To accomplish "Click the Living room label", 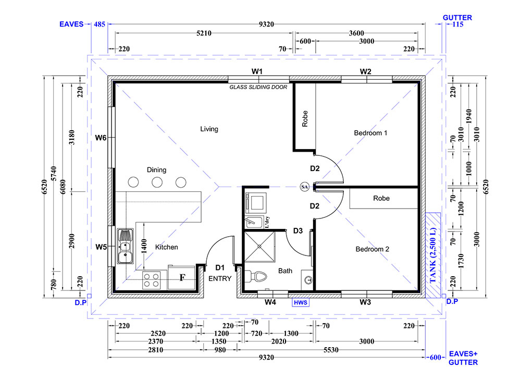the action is (209, 129).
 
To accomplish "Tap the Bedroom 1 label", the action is (370, 133).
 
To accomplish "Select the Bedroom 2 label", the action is (372, 249).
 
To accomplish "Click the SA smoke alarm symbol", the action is (304, 187).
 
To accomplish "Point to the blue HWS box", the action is (301, 302).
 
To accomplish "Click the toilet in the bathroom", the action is (256, 276).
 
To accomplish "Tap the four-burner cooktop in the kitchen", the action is (151, 280).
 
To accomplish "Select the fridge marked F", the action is (181, 277).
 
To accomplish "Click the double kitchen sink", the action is (126, 246).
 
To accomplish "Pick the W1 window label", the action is (257, 71).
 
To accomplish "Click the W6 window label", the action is (101, 138).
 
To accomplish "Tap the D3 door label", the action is (297, 231).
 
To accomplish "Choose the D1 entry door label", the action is (220, 267).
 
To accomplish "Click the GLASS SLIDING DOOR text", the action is (258, 87).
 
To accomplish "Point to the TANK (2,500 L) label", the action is (432, 255).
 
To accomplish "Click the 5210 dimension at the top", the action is (204, 33).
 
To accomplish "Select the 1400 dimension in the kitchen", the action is (144, 247).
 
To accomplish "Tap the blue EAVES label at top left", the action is (71, 25).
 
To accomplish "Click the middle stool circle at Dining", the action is (157, 182).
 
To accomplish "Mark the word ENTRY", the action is (220, 278).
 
